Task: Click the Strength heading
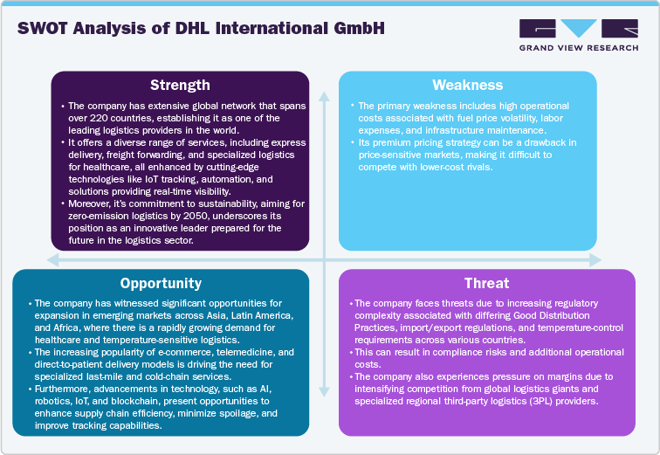pyautogui.click(x=180, y=85)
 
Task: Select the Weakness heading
pyautogui.click(x=468, y=85)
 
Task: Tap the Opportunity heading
pyautogui.click(x=161, y=283)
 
